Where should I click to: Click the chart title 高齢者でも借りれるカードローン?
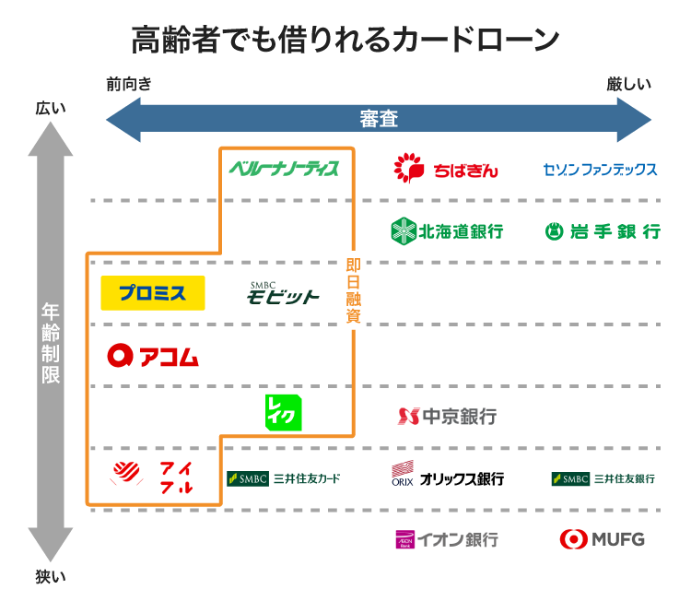click(345, 41)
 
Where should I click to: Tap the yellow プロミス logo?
click(152, 293)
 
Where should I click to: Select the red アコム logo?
click(153, 355)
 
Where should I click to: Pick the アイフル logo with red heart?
click(153, 477)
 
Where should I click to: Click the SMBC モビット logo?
click(283, 292)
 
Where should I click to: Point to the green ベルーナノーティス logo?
click(284, 168)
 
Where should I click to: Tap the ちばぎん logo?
click(446, 169)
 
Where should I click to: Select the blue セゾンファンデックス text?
click(600, 170)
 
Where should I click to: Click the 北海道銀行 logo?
click(447, 230)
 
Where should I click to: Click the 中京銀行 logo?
click(447, 416)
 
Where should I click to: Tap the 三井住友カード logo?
click(284, 478)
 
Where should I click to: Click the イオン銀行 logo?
click(447, 539)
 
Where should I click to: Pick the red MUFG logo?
click(602, 539)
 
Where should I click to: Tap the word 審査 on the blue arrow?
click(379, 120)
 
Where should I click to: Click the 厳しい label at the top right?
click(628, 85)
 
